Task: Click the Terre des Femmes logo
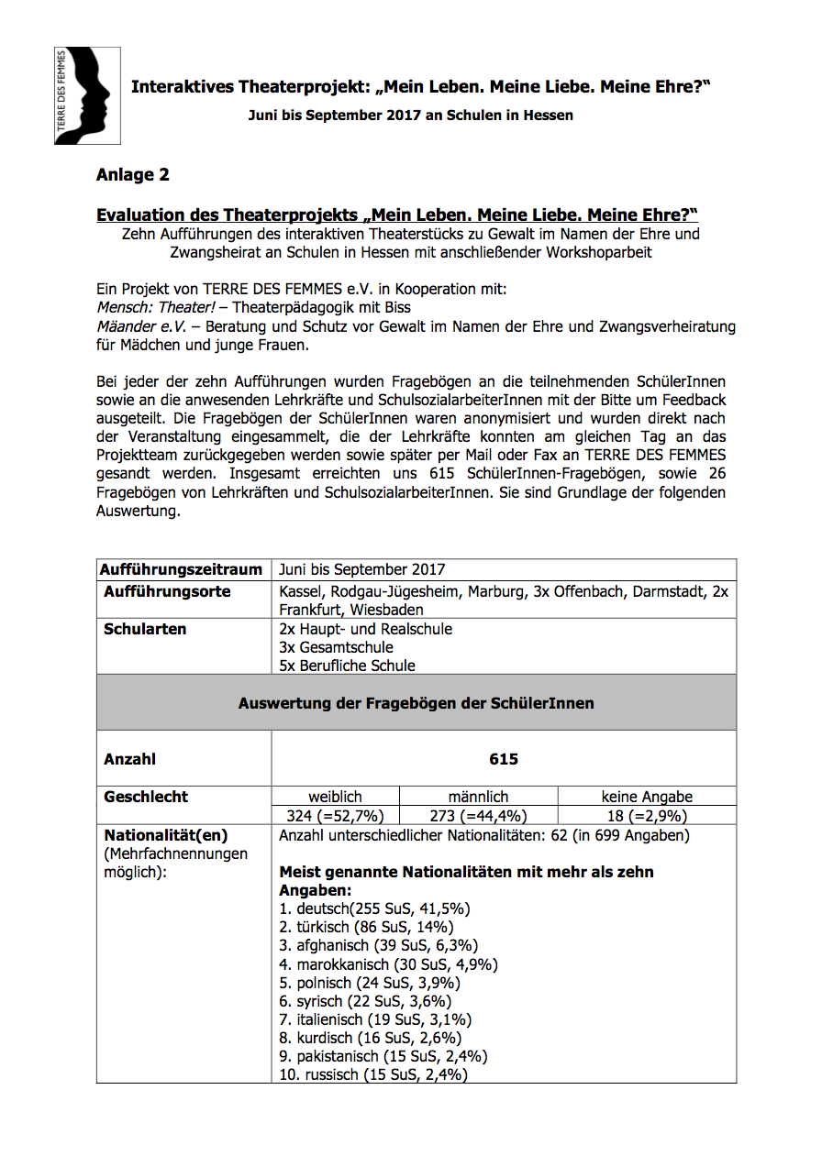click(x=87, y=96)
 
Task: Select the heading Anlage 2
click(x=132, y=175)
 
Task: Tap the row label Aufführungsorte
click(x=167, y=592)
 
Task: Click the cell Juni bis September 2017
click(x=361, y=569)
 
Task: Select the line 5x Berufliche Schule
click(x=347, y=666)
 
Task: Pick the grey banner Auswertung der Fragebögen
click(x=416, y=703)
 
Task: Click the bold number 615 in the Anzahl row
click(x=504, y=759)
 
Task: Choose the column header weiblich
click(x=335, y=797)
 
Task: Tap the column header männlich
click(x=478, y=797)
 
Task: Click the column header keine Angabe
click(x=647, y=797)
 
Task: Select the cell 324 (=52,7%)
click(x=335, y=816)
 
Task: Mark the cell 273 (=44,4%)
click(x=478, y=816)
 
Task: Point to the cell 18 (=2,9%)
click(x=647, y=816)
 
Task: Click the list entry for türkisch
click(x=357, y=927)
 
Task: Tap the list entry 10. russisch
click(x=373, y=1074)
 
